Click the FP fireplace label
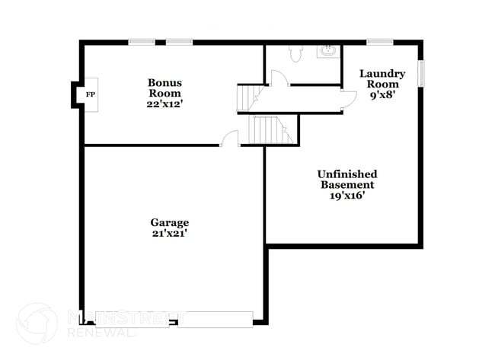coord(90,94)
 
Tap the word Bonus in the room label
coord(164,82)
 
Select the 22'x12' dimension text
coord(164,104)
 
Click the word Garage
coord(169,222)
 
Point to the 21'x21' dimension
coord(169,234)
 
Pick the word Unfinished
coord(346,174)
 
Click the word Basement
coord(346,185)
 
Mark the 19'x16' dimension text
coord(346,196)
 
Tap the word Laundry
coord(382,74)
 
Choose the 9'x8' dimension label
coord(382,95)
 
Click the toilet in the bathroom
coord(297,53)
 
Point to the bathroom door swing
coord(279,78)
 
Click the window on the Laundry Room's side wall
coord(421,70)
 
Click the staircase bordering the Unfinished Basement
coord(272,129)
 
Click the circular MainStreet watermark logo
coord(37,323)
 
